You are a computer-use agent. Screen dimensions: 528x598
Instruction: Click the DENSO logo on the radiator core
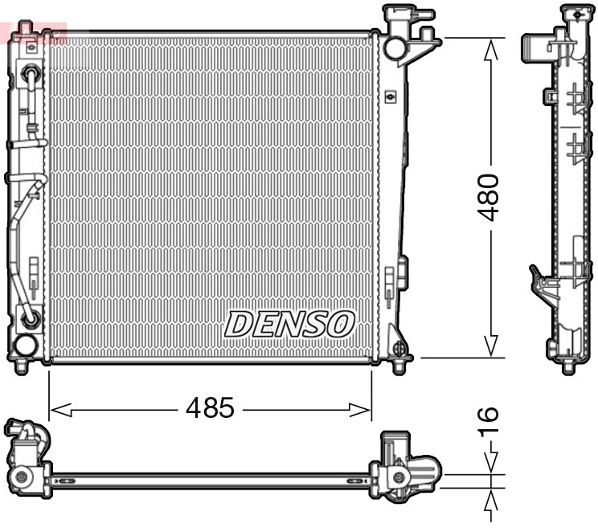289,324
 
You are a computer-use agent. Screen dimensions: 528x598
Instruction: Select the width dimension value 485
210,409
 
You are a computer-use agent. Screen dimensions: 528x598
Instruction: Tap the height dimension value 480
489,197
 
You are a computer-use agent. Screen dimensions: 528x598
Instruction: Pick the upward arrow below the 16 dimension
490,501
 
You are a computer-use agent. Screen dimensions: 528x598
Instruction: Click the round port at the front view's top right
395,48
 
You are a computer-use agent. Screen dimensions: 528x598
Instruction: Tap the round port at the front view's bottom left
25,346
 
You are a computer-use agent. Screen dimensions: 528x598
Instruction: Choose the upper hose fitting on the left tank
31,76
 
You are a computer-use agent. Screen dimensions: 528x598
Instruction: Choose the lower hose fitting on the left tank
31,319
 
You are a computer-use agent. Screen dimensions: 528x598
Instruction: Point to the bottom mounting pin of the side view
568,366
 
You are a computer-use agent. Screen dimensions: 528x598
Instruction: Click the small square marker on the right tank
391,97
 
